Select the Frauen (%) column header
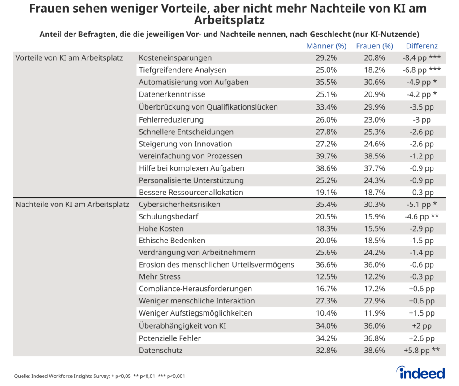point(374,46)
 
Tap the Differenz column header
point(421,46)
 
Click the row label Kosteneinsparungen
point(175,58)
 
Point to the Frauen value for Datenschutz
point(374,350)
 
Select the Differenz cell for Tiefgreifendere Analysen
point(421,70)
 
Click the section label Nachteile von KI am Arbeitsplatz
point(72,205)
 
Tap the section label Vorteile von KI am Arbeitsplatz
point(69,58)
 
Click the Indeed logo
point(420,373)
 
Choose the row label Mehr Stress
point(160,276)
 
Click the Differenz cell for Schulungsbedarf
point(421,217)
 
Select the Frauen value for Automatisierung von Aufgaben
point(374,82)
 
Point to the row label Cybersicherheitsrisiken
point(179,205)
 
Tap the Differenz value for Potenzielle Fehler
point(421,338)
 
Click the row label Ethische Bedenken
point(172,240)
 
